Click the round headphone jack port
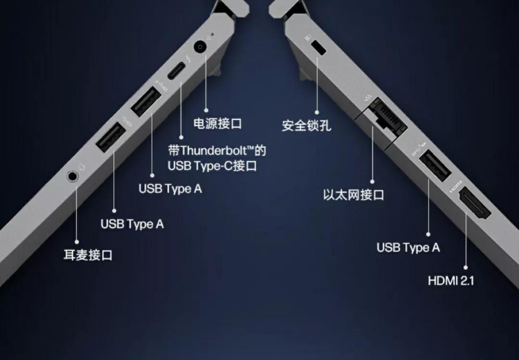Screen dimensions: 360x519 point(72,176)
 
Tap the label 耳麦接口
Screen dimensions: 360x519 point(88,255)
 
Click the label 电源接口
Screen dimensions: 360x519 point(217,124)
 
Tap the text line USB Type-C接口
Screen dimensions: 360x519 point(212,166)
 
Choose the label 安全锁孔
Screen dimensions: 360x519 point(306,126)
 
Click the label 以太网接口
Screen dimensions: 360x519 point(354,195)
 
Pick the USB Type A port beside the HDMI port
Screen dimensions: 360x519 point(435,166)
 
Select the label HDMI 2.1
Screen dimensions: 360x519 point(451,280)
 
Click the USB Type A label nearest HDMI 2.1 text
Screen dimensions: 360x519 point(408,248)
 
